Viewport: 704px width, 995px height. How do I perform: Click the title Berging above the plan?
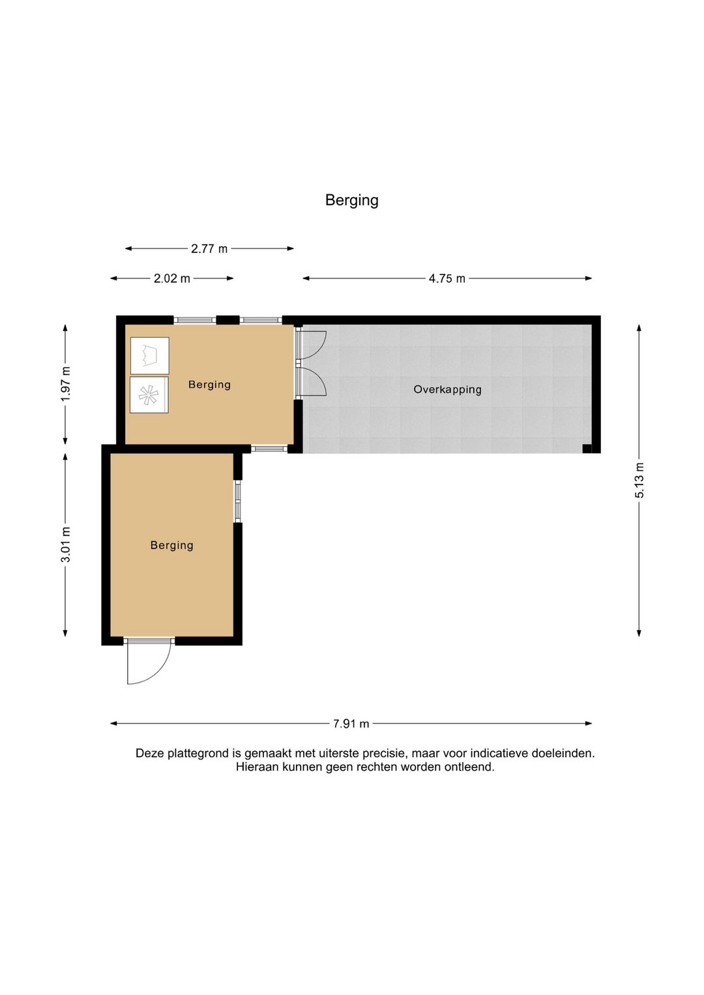(351, 200)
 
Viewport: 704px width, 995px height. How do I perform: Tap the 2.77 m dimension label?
(209, 248)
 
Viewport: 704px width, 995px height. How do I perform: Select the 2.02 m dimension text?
(171, 278)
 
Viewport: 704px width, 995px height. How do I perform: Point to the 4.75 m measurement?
(447, 278)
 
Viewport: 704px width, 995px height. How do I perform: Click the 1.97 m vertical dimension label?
(65, 384)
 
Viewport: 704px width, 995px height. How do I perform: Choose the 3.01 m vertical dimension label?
(65, 544)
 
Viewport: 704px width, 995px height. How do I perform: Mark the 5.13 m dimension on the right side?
(639, 481)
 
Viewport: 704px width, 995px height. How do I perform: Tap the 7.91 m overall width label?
(351, 724)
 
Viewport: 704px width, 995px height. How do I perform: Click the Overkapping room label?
(447, 389)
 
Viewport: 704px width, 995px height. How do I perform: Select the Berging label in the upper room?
(209, 385)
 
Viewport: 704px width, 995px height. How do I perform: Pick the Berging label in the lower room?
(171, 545)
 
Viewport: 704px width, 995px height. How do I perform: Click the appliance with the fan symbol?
(149, 395)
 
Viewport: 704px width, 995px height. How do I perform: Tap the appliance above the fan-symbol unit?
(149, 356)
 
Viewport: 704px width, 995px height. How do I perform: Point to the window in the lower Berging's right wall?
(238, 501)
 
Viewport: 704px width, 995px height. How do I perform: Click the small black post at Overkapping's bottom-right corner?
(587, 448)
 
